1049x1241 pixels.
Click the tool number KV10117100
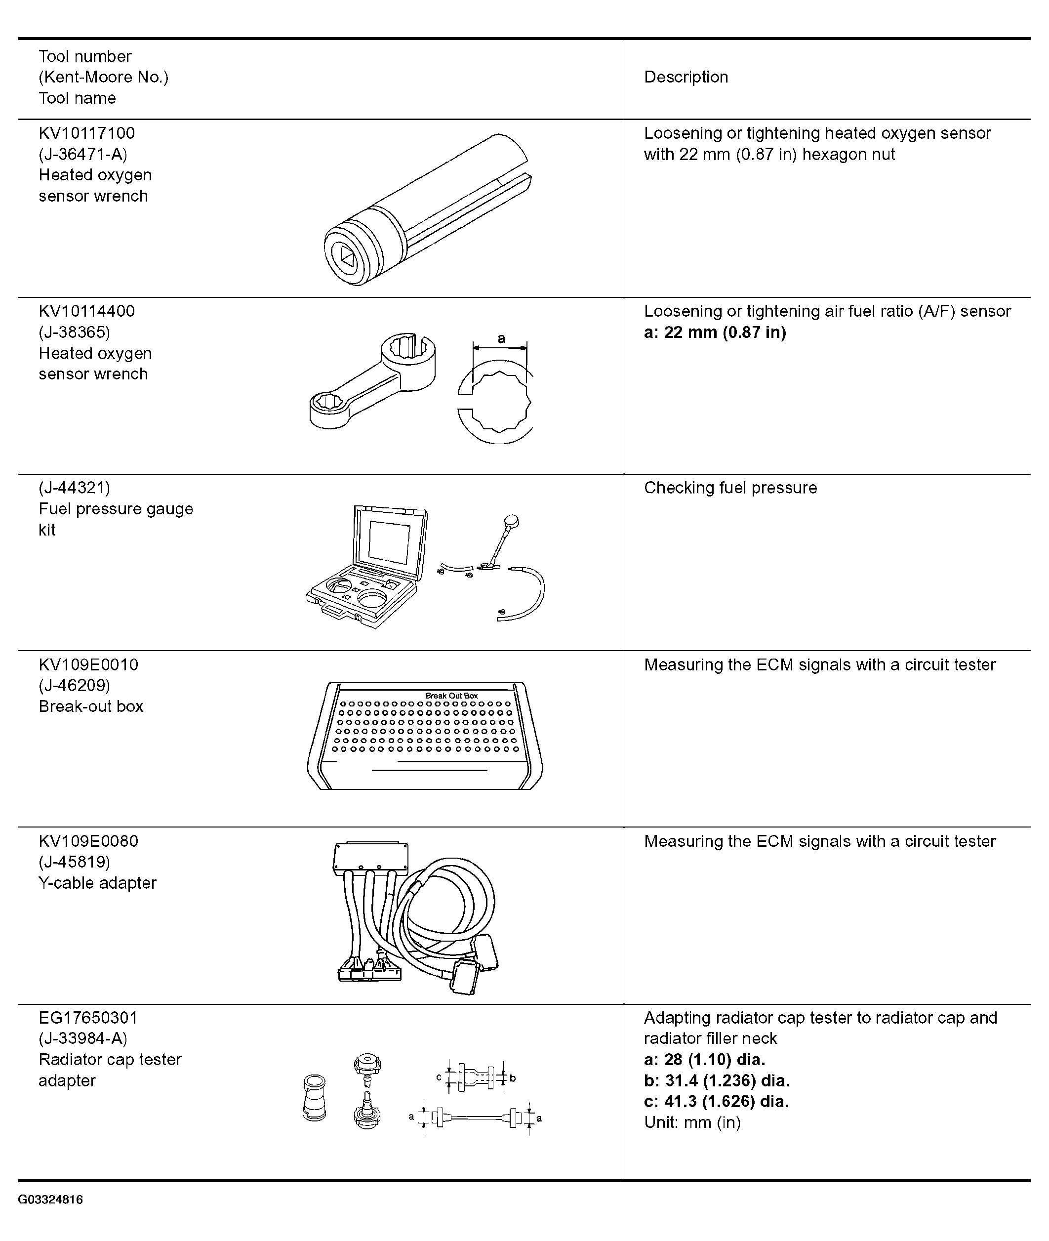point(87,133)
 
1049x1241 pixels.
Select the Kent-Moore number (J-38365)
point(75,332)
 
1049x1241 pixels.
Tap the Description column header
point(686,78)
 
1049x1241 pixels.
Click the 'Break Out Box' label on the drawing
point(451,696)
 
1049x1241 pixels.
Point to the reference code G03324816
point(50,1200)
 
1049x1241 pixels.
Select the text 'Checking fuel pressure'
point(730,488)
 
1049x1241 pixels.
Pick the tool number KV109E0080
point(88,841)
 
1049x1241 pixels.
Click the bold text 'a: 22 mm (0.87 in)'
point(715,332)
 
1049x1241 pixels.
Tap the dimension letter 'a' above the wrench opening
point(501,338)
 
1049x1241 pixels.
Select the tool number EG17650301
point(88,1018)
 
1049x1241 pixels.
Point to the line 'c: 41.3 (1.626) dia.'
point(716,1102)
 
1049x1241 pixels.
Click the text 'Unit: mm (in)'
point(692,1122)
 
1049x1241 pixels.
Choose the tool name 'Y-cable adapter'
point(97,883)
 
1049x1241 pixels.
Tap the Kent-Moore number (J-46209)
point(75,685)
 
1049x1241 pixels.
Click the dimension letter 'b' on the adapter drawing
point(513,1078)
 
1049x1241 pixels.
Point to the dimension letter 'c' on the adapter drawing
point(439,1077)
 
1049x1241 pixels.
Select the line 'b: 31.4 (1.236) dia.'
point(717,1081)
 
